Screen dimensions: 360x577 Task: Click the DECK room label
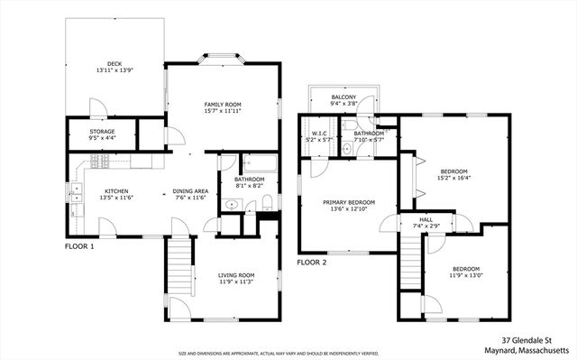tap(114, 64)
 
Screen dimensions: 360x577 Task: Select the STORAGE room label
tap(102, 132)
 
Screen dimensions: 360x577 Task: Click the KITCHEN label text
tap(116, 191)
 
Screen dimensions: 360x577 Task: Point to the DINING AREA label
tap(190, 191)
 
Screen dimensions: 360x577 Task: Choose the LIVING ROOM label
tap(237, 275)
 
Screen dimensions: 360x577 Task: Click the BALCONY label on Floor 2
tap(343, 97)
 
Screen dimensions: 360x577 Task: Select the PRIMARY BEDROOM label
tap(349, 202)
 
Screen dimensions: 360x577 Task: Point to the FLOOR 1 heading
tap(79, 245)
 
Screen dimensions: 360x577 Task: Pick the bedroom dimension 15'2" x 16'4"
tap(453, 179)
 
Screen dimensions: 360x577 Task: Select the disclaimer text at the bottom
tap(279, 353)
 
